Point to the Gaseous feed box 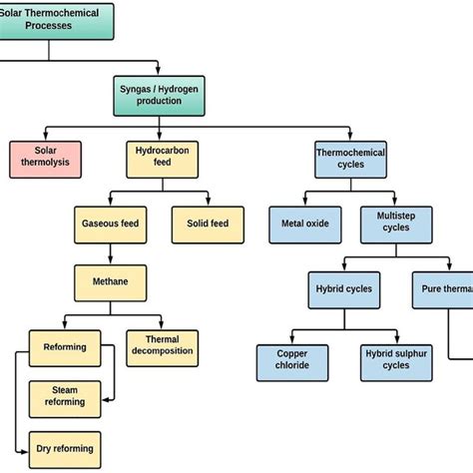coord(111,223)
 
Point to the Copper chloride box coord(291,358)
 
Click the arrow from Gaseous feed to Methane coord(111,252)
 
